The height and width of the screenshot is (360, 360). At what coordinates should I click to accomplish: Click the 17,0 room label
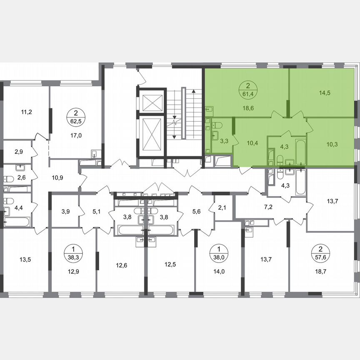[76, 135]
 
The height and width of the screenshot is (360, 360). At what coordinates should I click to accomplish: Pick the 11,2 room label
[26, 112]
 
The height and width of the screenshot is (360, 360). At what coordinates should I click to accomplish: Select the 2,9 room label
[19, 152]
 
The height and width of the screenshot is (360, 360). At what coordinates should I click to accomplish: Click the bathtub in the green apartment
[301, 152]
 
